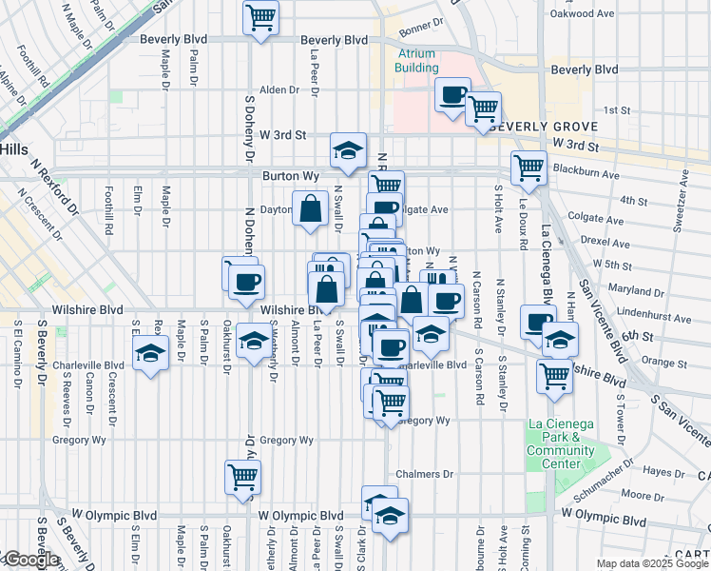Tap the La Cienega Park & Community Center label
(561, 443)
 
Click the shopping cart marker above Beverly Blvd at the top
(260, 17)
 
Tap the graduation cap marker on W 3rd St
(349, 150)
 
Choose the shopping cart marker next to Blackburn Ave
(528, 168)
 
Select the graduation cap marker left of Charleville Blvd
(149, 355)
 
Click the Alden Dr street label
(279, 90)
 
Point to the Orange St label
(658, 362)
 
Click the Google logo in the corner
(31, 560)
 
